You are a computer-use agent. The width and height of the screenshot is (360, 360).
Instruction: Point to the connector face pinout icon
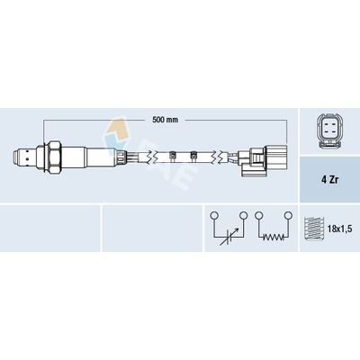point(328,132)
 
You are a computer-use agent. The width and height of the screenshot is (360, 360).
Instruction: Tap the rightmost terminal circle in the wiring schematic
point(287,216)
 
